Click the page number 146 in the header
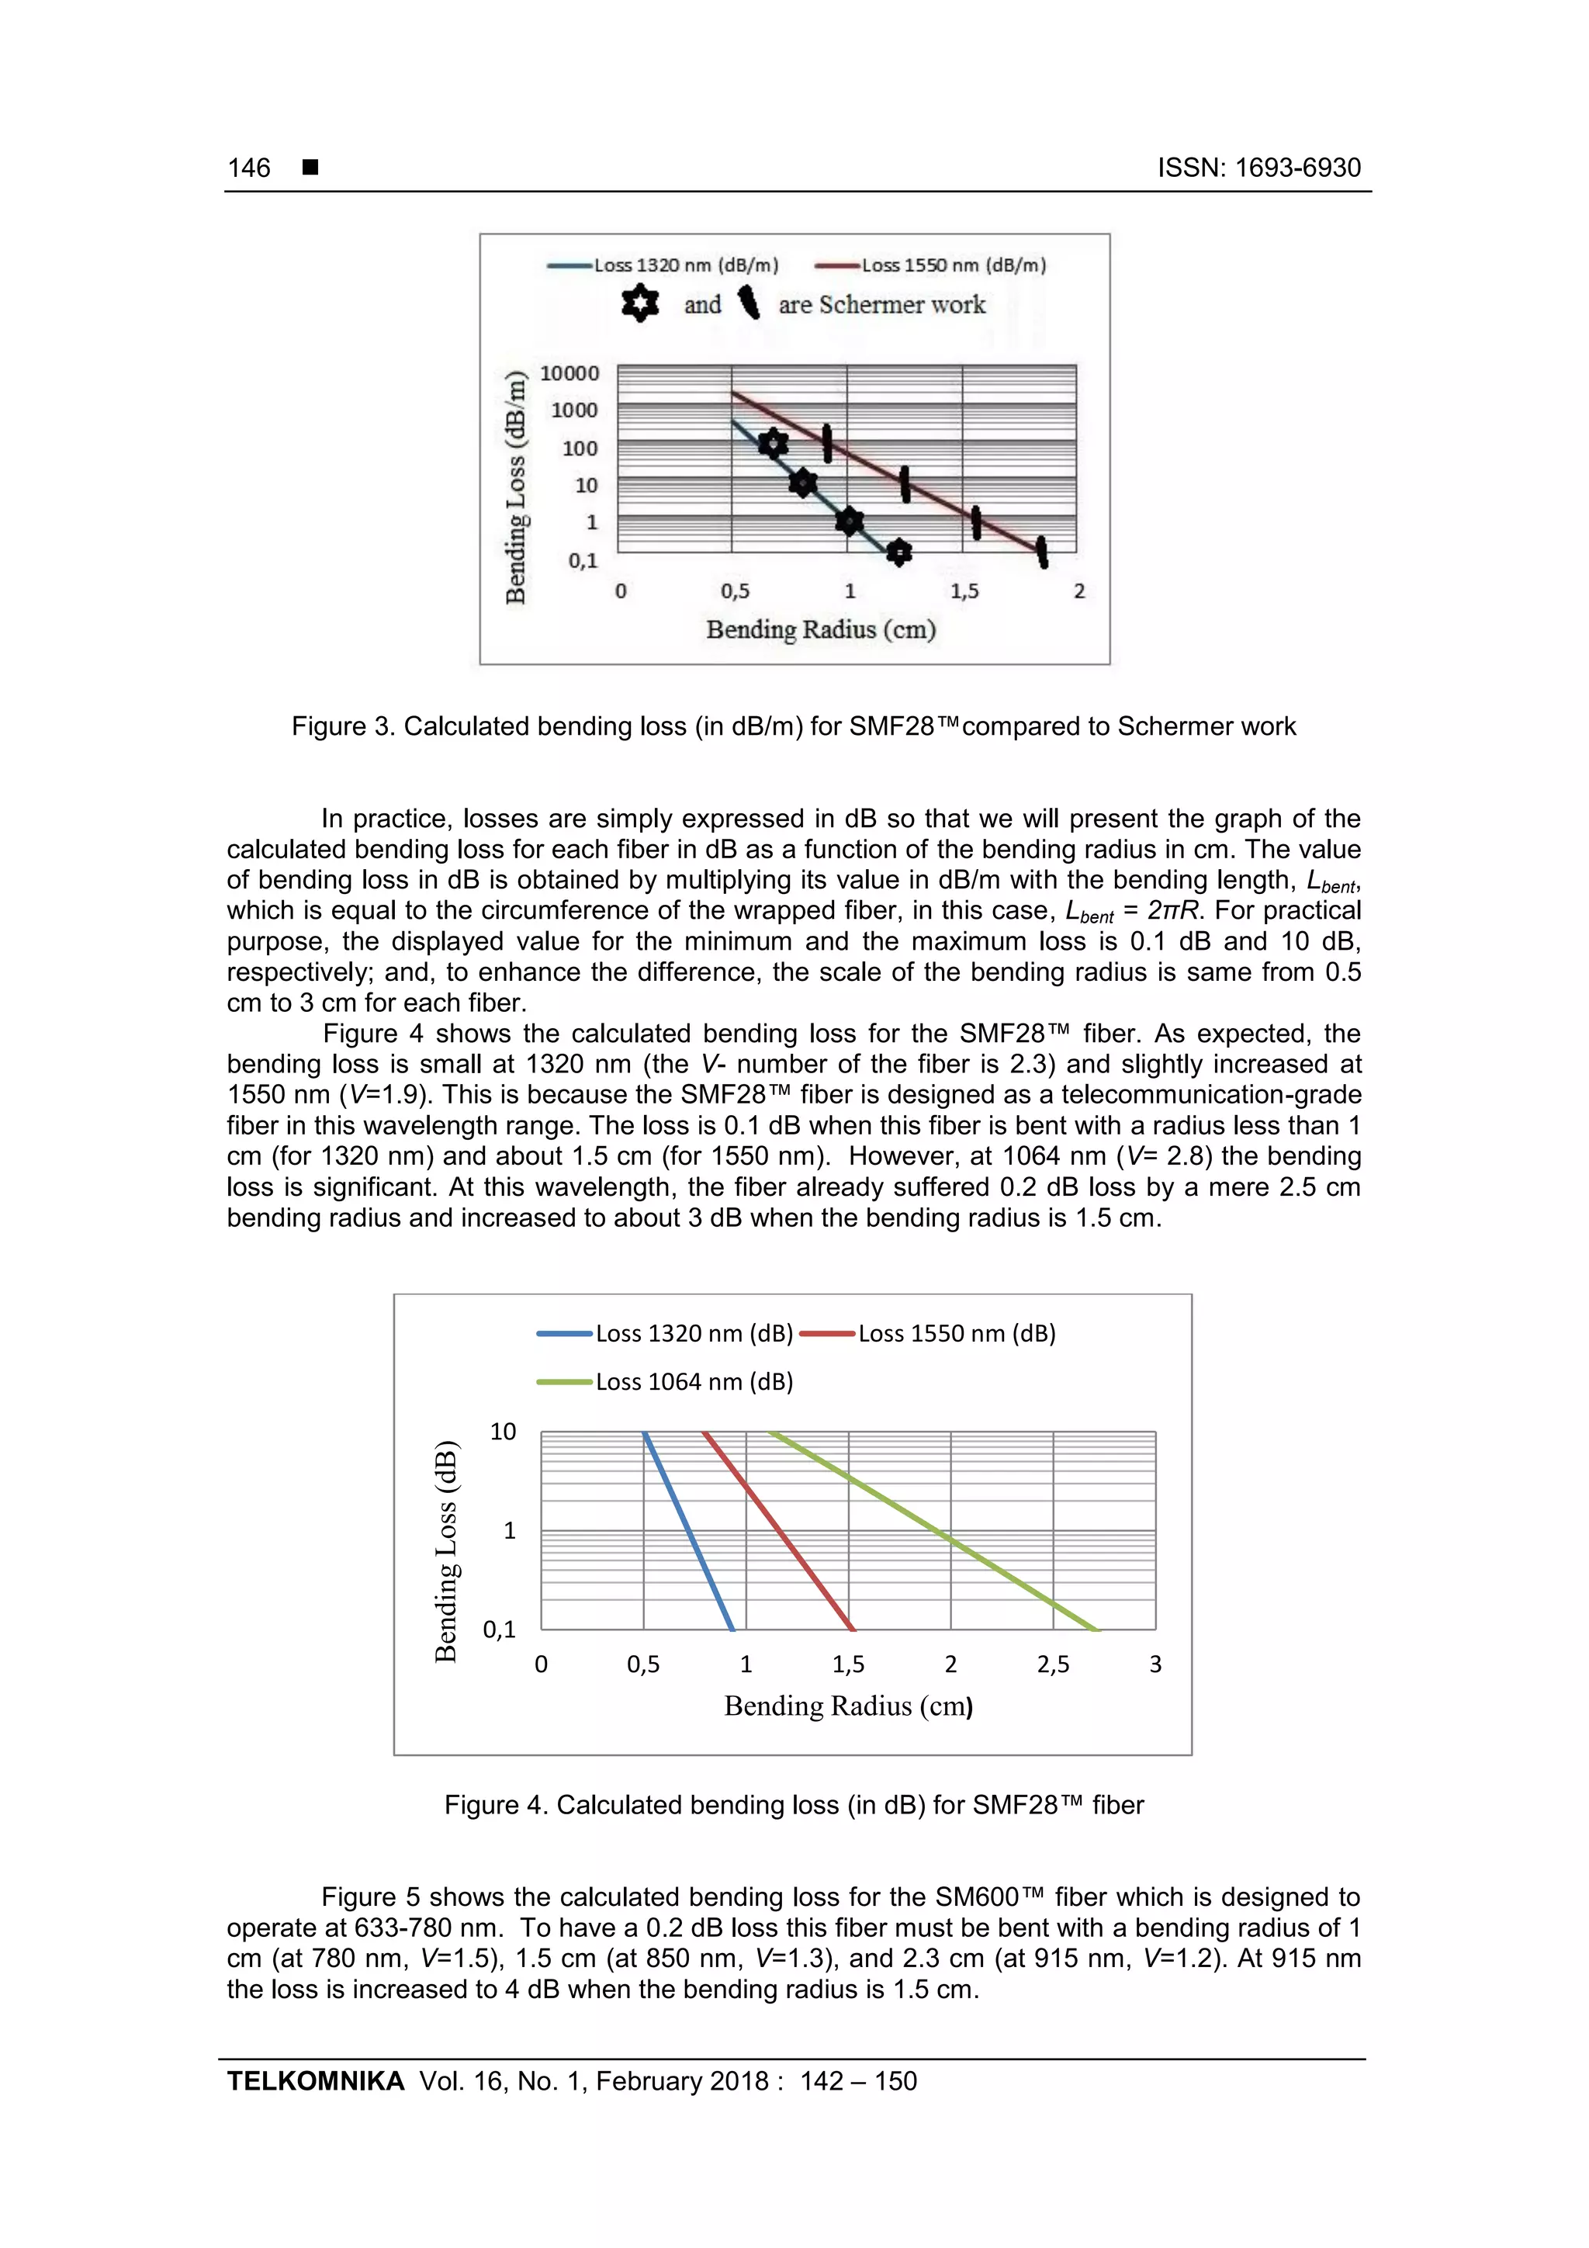pos(249,168)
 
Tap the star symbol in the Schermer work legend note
pos(639,303)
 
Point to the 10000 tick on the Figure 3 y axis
pos(569,373)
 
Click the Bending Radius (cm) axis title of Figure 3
pos(820,629)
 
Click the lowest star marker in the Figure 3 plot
pos(898,553)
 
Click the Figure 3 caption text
pos(793,726)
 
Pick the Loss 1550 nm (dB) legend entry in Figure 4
pos(956,1334)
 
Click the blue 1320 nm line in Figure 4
pos(688,1530)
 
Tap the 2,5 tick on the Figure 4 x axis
pos(1053,1664)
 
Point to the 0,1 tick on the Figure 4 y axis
pos(500,1630)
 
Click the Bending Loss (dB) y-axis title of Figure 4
pos(446,1551)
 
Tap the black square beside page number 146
pos(310,168)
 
